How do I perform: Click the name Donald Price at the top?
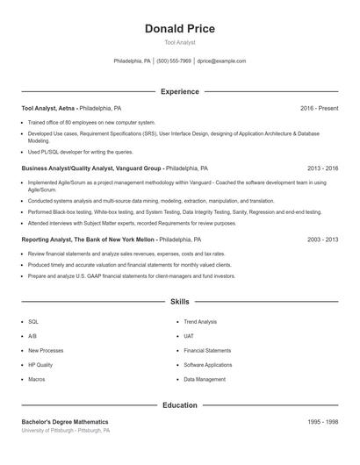pos(179,29)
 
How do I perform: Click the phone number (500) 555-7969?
pos(174,61)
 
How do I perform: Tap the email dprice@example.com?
pos(221,61)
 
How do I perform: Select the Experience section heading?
pos(179,91)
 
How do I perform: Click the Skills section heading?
pos(179,301)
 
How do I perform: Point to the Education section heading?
pos(179,405)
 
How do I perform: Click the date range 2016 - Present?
pos(319,108)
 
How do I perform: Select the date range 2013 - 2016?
pos(322,167)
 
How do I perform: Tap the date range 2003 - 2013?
pos(322,239)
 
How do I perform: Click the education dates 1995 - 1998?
pos(322,422)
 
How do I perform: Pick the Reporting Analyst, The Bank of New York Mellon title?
pos(88,239)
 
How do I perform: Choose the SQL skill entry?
pos(33,322)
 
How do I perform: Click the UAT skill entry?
pos(189,336)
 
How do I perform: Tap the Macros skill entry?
pos(37,379)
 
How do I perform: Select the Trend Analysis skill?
pos(200,322)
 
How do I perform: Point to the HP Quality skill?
pos(40,365)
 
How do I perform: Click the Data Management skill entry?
pos(205,379)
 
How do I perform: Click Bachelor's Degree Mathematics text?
pos(65,422)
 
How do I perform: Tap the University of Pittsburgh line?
pos(66,431)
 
